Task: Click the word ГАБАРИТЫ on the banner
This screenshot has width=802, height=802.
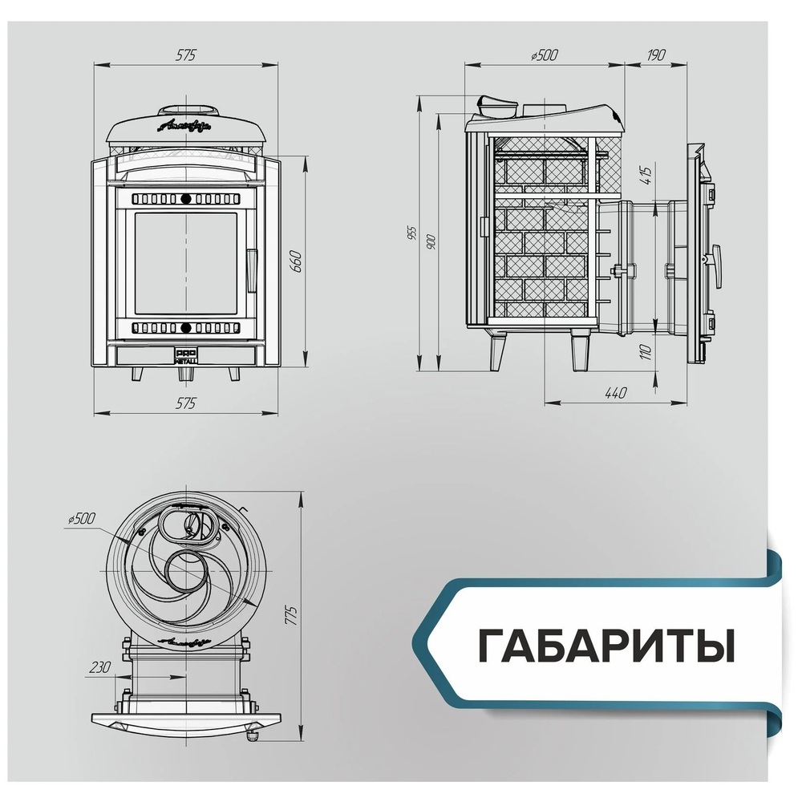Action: click(606, 646)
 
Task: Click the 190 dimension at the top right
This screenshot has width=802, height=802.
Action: click(655, 55)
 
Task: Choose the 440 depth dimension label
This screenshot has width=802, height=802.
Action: click(615, 393)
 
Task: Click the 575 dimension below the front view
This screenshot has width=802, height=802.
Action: click(185, 403)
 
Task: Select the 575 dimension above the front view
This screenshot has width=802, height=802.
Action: click(185, 55)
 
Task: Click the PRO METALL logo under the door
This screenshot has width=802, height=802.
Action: click(185, 356)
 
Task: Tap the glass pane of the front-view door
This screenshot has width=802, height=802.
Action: click(185, 263)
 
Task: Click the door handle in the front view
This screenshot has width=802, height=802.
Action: click(251, 269)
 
